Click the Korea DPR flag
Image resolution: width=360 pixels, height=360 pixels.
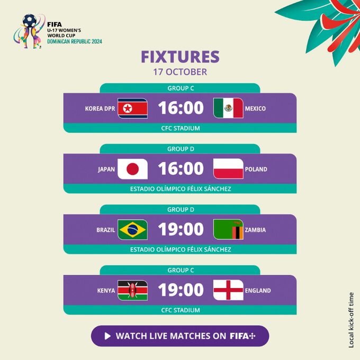132,108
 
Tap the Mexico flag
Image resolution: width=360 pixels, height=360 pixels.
228,108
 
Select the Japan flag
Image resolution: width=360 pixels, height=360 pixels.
132,169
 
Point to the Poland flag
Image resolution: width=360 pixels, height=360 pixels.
228,169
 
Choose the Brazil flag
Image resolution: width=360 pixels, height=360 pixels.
132,230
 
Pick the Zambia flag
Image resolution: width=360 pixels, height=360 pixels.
228,230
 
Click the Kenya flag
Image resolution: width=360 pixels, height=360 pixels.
132,290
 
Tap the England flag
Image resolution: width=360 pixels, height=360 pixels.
228,290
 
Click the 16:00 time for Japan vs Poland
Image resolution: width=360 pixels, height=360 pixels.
181,168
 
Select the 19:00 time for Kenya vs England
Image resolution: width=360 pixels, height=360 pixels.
181,290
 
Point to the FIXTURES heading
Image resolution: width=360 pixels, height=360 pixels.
180,57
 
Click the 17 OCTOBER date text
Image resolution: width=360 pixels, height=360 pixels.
180,72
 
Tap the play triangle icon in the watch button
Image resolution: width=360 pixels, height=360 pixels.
107,336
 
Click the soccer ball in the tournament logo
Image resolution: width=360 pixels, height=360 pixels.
30,21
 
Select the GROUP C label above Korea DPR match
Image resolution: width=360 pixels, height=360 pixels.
181,88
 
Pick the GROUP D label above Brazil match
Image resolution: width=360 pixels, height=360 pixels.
181,210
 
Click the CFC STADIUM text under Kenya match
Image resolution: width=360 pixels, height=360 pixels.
181,310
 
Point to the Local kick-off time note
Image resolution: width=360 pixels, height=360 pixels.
351,320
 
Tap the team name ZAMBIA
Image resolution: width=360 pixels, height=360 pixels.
255,230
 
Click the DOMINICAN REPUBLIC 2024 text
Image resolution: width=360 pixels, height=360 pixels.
75,41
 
